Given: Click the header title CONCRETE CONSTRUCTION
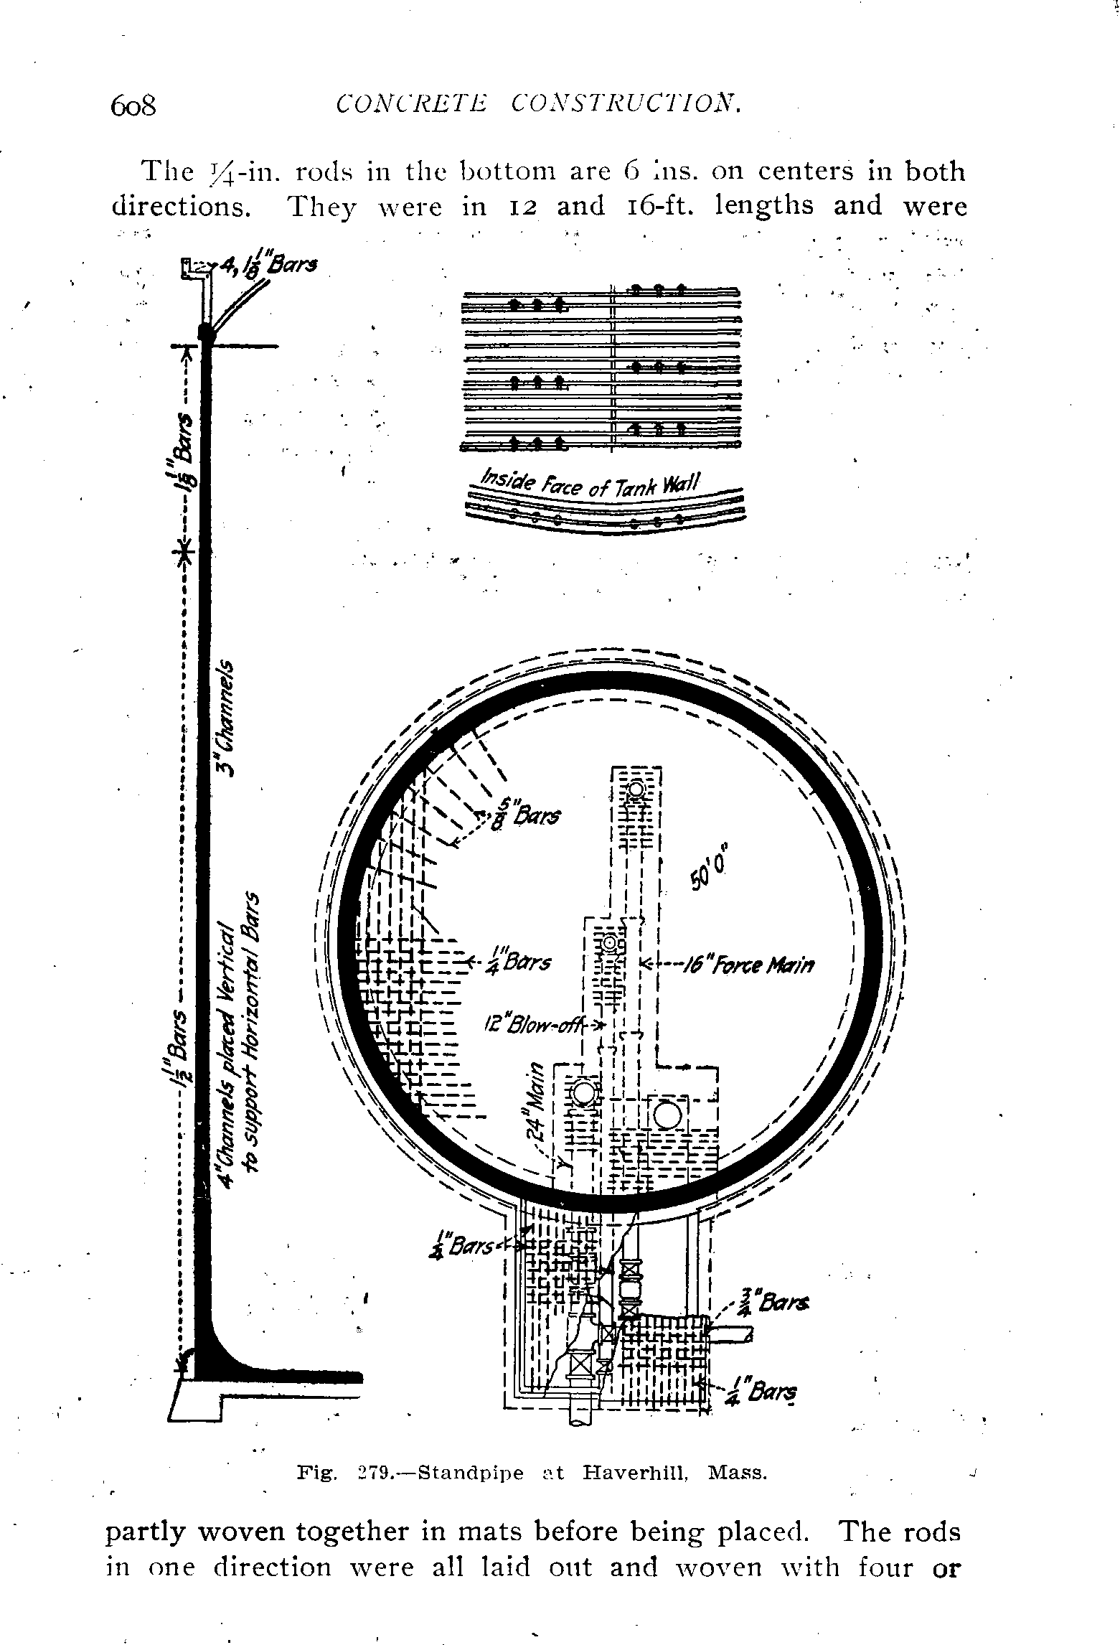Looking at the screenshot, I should pyautogui.click(x=539, y=105).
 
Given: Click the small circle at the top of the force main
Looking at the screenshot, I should pyautogui.click(x=636, y=790).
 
